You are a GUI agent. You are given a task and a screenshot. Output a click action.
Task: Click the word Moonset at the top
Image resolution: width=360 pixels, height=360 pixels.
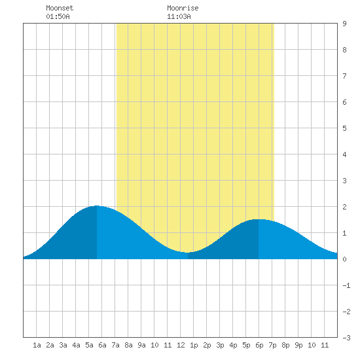pyautogui.click(x=60, y=8)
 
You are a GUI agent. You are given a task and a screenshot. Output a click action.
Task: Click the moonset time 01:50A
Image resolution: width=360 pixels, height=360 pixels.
pyautogui.click(x=58, y=16)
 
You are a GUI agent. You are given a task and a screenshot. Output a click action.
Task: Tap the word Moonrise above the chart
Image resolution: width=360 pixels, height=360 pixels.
pyautogui.click(x=183, y=8)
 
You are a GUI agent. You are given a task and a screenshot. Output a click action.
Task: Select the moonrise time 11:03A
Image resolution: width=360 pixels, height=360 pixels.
pyautogui.click(x=179, y=16)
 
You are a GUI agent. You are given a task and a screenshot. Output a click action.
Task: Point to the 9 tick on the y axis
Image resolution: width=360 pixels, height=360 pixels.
pyautogui.click(x=344, y=24)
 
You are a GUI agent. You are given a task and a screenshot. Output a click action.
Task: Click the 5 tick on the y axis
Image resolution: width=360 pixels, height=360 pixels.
pyautogui.click(x=344, y=128)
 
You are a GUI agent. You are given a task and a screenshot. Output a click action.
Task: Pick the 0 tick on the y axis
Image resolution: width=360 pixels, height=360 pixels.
pyautogui.click(x=344, y=259)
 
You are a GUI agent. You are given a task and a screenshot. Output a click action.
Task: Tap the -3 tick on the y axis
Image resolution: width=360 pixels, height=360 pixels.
pyautogui.click(x=346, y=338)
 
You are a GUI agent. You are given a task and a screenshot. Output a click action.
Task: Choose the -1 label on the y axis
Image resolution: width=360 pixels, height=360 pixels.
pyautogui.click(x=346, y=285)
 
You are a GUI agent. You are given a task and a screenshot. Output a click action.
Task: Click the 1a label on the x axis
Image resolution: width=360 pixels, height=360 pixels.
pyautogui.click(x=37, y=345)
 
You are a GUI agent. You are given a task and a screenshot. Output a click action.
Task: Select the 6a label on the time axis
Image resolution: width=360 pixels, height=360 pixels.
pyautogui.click(x=102, y=345)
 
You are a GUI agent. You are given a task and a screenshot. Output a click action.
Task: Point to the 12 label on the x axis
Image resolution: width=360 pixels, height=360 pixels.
pyautogui.click(x=181, y=345)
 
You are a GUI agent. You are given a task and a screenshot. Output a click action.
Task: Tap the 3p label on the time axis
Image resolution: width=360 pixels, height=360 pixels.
pyautogui.click(x=220, y=346)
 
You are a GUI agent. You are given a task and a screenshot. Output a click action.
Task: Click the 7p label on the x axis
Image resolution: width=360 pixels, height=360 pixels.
pyautogui.click(x=272, y=346)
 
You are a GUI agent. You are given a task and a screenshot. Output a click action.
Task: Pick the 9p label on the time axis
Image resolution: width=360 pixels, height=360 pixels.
pyautogui.click(x=298, y=346)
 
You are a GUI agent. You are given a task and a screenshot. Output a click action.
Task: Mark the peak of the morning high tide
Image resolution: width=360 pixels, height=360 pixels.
pyautogui.click(x=97, y=206)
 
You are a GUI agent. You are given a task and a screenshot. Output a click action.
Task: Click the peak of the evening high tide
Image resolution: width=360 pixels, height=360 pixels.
pyautogui.click(x=259, y=219)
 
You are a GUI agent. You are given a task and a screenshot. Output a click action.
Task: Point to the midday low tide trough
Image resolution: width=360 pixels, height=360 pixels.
pyautogui.click(x=188, y=253)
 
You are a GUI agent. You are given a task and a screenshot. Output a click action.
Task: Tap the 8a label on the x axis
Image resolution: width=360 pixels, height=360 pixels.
pyautogui.click(x=128, y=345)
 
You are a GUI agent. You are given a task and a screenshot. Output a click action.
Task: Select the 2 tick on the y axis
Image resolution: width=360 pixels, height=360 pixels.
pyautogui.click(x=344, y=207)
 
